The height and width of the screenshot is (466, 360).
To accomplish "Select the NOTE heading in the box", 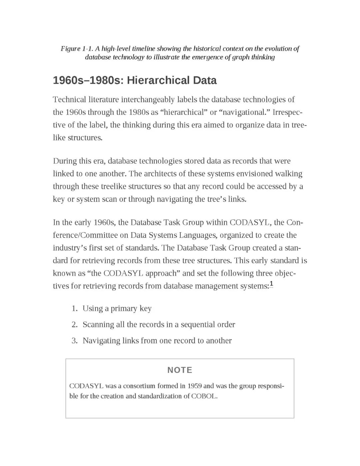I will [x=180, y=370].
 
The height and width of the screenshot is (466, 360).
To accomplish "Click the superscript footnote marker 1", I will [x=271, y=284].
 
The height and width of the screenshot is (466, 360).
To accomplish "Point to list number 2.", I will [x=74, y=325].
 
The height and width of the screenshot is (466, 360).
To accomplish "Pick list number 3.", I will [x=74, y=341].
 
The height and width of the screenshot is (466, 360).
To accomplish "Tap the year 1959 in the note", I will [x=194, y=386].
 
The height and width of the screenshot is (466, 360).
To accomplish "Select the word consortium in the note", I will [x=139, y=386].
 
